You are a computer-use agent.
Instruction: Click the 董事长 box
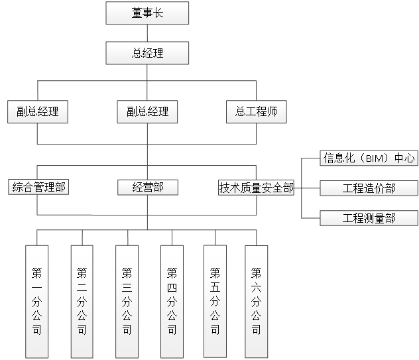[147, 13]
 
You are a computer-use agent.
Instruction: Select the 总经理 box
[147, 53]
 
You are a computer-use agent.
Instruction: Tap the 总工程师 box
[256, 111]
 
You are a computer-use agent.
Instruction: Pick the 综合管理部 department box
[39, 188]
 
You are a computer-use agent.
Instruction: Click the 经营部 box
[147, 188]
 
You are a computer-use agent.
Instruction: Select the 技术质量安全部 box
[257, 188]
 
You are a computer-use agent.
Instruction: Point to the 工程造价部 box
[369, 188]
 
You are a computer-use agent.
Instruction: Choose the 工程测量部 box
[369, 217]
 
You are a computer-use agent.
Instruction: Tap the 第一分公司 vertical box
[37, 301]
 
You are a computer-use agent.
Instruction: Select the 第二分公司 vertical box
[82, 301]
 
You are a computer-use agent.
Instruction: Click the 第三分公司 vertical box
[127, 301]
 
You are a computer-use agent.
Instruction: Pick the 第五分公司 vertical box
[215, 301]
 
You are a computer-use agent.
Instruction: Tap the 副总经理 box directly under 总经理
[147, 111]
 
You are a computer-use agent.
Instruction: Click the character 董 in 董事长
[137, 13]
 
